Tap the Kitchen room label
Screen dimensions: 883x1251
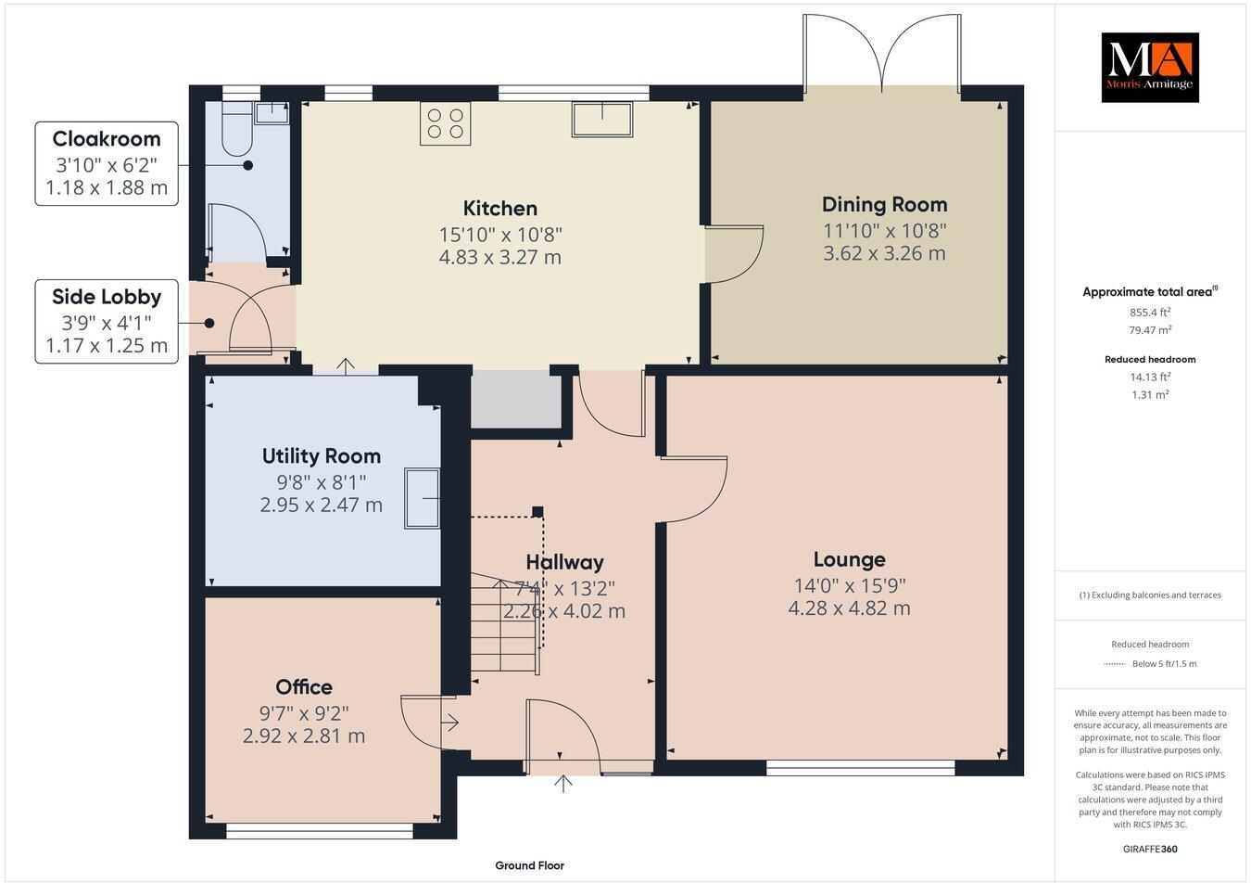(x=500, y=209)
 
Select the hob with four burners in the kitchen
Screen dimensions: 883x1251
(x=444, y=123)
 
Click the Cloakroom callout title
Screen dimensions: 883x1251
(x=107, y=139)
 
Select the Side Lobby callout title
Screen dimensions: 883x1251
(x=107, y=297)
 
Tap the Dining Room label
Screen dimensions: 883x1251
(x=884, y=204)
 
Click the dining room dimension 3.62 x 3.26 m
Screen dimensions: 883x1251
(x=884, y=253)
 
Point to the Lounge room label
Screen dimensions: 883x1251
(x=849, y=559)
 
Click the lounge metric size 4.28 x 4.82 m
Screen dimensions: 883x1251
(x=849, y=609)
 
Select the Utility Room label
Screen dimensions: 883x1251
(x=321, y=455)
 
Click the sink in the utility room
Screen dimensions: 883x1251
(x=423, y=499)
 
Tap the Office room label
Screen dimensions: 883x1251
(x=304, y=686)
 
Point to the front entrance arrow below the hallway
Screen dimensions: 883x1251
(x=562, y=784)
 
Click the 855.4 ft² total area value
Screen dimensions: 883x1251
(x=1150, y=312)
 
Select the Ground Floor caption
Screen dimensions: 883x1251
(x=529, y=865)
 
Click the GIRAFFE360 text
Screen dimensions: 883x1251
(x=1150, y=848)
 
